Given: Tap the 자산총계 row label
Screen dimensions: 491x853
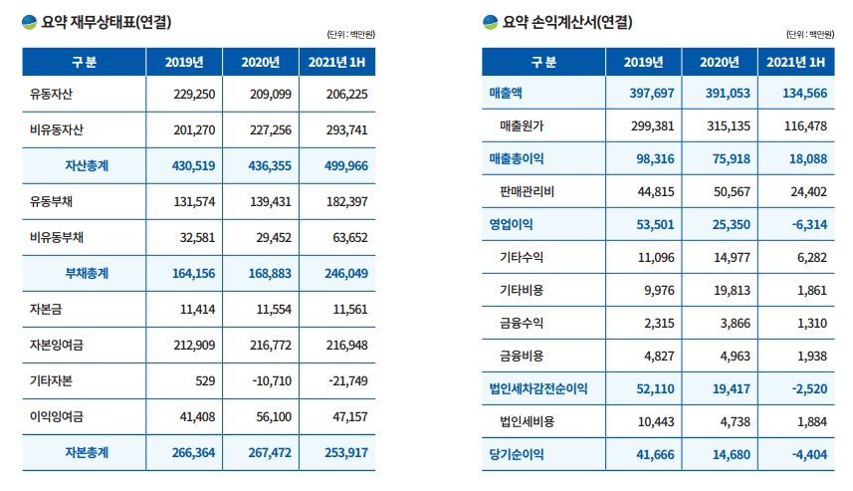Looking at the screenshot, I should (x=87, y=165).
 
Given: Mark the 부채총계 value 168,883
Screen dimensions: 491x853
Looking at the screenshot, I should (x=262, y=273).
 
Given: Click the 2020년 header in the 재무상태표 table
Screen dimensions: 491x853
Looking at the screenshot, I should (x=260, y=62).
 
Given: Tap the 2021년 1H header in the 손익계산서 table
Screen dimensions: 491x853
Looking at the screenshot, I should (x=796, y=62).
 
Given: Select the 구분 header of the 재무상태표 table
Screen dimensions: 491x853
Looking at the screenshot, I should (x=84, y=62).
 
